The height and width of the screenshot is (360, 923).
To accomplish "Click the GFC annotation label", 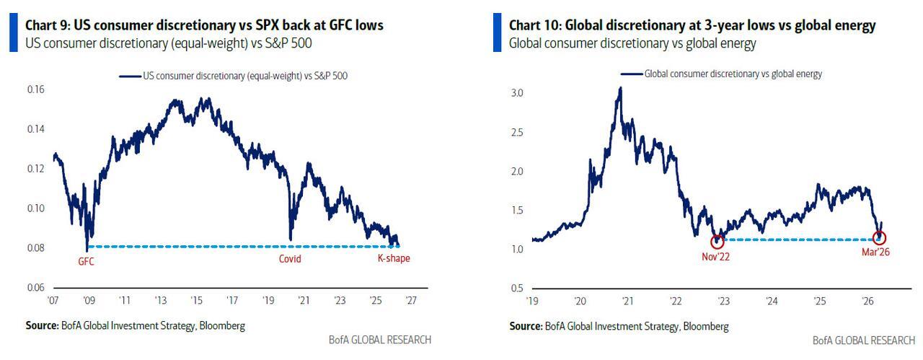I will point(87,262).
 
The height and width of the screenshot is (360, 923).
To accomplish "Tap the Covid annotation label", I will point(290,258).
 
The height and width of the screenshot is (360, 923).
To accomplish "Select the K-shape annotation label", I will point(394,258).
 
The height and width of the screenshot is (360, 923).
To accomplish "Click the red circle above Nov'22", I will point(717,242).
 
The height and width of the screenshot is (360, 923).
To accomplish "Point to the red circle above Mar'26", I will point(879,237).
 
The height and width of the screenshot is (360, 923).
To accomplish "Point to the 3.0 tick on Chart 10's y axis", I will point(518,94).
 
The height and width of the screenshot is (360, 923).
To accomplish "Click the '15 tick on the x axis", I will point(195,299).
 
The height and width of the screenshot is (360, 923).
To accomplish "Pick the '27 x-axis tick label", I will point(410,299).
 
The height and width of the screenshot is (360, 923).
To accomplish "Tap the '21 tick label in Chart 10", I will point(628,299).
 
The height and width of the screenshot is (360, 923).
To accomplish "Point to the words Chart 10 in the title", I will point(534,25).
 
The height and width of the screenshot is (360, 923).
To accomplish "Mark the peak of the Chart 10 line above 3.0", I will point(619,88).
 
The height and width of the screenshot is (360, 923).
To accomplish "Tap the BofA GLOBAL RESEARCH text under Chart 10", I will point(863,340).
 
